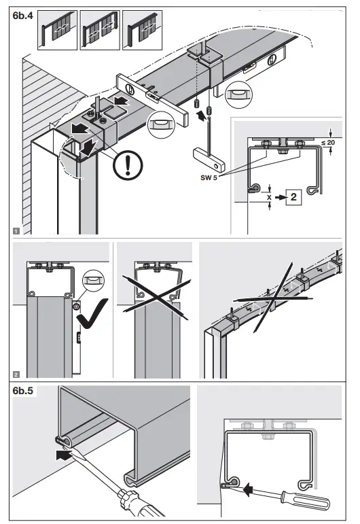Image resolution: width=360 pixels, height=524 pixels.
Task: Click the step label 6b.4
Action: [24, 18]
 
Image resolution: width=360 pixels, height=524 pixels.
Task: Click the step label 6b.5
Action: [24, 392]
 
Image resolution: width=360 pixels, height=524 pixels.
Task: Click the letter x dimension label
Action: [270, 197]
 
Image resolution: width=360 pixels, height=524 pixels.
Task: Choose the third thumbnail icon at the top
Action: [141, 31]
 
